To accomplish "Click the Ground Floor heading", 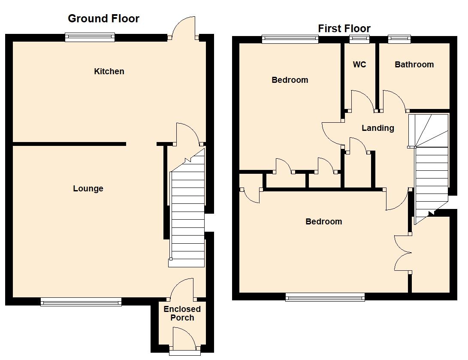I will pyautogui.click(x=103, y=18).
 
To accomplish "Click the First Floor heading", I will pyautogui.click(x=344, y=29).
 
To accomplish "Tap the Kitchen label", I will pyautogui.click(x=109, y=71).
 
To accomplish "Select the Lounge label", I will pyautogui.click(x=88, y=188).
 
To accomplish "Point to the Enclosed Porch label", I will pyautogui.click(x=182, y=314).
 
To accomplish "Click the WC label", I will pyautogui.click(x=359, y=64).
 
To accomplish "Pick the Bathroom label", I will pyautogui.click(x=414, y=64).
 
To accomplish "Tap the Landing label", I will pyautogui.click(x=377, y=128).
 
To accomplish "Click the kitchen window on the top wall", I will pyautogui.click(x=90, y=38).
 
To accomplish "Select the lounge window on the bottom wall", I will pyautogui.click(x=81, y=302).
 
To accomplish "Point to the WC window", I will pyautogui.click(x=359, y=39).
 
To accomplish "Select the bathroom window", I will pyautogui.click(x=399, y=39).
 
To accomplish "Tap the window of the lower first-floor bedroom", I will pyautogui.click(x=325, y=296).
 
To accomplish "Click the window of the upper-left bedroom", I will pyautogui.click(x=290, y=39).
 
